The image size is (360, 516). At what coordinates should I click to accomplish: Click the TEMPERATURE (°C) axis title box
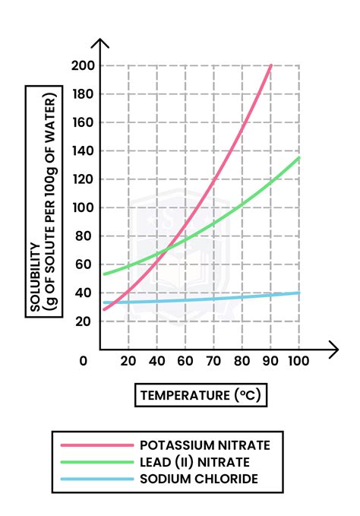202,395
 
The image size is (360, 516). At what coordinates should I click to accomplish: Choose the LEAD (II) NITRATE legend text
194,462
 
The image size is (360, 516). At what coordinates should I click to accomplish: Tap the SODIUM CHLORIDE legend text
198,479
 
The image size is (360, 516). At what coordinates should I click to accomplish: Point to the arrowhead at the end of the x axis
333,350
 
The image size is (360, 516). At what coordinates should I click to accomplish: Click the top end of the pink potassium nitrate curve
271,66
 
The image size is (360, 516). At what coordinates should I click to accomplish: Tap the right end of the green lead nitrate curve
299,158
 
